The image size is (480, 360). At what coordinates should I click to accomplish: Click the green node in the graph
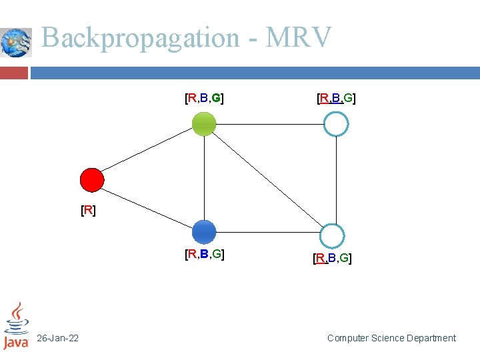(204, 124)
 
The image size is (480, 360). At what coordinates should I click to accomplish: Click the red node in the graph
(92, 179)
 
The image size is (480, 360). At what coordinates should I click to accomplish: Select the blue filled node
(204, 232)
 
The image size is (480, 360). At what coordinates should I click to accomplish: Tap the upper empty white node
(336, 124)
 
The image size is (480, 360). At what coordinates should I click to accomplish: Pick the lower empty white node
(331, 235)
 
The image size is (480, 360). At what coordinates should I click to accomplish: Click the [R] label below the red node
(88, 211)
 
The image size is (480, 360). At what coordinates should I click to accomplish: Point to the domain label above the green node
(204, 99)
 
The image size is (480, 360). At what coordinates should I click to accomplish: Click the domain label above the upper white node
(336, 99)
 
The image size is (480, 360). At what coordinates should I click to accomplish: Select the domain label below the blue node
(204, 254)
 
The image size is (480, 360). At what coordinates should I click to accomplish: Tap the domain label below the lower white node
(332, 258)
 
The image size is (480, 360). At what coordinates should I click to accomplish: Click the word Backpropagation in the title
(140, 38)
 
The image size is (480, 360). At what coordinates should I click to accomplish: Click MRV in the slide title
(298, 38)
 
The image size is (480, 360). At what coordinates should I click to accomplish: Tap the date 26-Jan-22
(57, 339)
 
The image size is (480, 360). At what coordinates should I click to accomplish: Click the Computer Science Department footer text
(391, 339)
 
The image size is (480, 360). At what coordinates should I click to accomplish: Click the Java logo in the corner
(16, 326)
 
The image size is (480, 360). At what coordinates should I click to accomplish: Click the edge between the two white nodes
(336, 180)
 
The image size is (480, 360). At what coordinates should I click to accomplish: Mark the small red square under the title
(14, 72)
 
